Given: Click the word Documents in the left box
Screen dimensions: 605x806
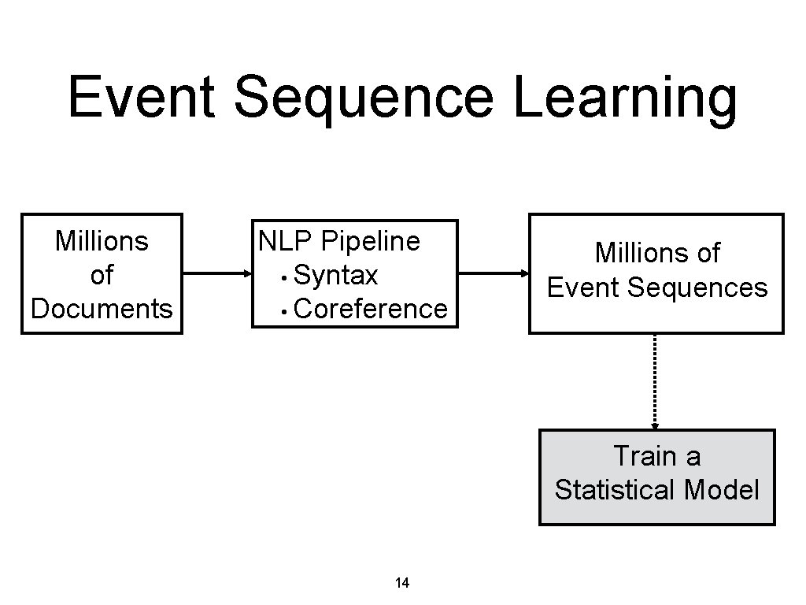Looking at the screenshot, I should pyautogui.click(x=102, y=309).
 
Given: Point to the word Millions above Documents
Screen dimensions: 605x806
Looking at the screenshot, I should pyautogui.click(x=102, y=241).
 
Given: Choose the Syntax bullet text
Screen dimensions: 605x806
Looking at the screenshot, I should pyautogui.click(x=335, y=276).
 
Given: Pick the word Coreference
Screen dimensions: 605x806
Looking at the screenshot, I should pyautogui.click(x=370, y=309).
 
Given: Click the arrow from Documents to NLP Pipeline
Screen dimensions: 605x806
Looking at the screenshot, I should pyautogui.click(x=216, y=274).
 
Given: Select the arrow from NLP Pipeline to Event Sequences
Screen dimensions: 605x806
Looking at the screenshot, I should pyautogui.click(x=494, y=274).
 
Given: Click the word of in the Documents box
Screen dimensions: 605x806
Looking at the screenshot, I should pyautogui.click(x=102, y=275).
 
